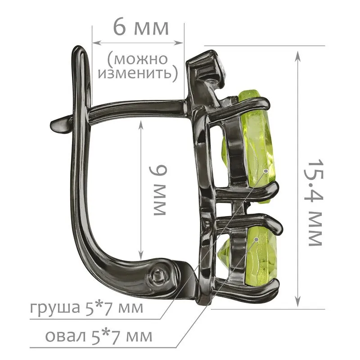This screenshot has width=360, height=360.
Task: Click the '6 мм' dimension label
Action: click(x=141, y=27)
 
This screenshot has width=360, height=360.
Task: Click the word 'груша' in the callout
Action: click(x=54, y=308)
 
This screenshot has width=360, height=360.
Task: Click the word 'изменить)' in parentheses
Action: click(x=138, y=73)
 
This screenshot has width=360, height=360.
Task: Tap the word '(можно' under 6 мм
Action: click(x=137, y=59)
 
